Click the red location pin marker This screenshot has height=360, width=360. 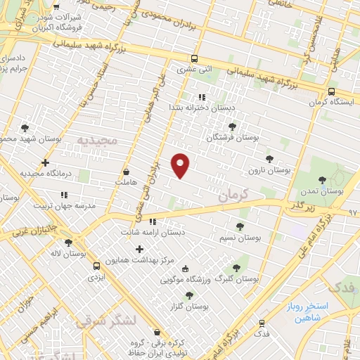pos(181,165)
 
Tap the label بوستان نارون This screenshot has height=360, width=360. pos(269,171)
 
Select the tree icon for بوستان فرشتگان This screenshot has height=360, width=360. pos(232,127)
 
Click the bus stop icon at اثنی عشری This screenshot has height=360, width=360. pos(195,59)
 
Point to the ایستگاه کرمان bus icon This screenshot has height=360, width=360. pos(331,91)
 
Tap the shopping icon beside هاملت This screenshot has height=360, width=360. pos(126,171)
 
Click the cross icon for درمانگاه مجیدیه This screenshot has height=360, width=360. pos(46,162)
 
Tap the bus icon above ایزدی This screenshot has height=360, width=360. pos(96,266)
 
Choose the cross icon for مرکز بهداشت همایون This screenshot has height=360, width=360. pos(139,249)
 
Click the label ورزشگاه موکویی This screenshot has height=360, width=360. pos(185,281)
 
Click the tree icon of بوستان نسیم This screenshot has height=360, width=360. pos(240,226)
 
